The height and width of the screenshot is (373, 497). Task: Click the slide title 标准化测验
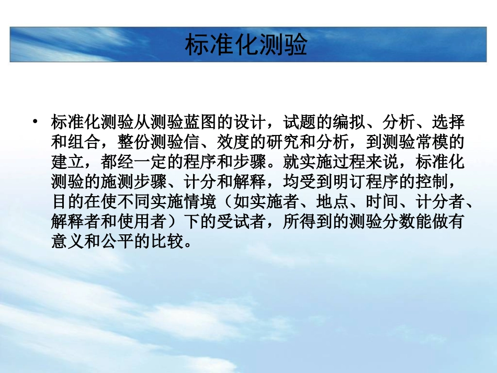click(245, 45)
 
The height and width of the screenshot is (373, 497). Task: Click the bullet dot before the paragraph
click(35, 122)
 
